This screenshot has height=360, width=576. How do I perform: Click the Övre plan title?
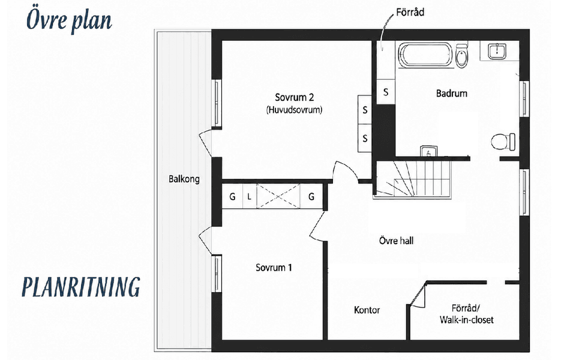coord(69,20)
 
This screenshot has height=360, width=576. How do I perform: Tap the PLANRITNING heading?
coord(81,287)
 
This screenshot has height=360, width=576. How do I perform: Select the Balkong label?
coord(184,179)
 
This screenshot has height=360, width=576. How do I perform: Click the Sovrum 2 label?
coord(294,97)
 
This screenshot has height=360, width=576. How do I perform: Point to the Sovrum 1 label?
coord(274,268)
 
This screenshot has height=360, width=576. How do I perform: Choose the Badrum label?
coord(451,94)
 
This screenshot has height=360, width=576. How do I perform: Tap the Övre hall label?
coord(396,241)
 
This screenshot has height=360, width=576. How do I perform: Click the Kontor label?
coord(367,310)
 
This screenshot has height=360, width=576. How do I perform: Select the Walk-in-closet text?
coord(467,320)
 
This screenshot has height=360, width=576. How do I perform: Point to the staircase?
coord(413,179)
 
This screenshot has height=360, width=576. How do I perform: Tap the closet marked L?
coord(250,197)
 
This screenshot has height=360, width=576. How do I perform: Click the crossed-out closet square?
coord(278,197)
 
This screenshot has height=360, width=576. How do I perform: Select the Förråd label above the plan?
coord(410,12)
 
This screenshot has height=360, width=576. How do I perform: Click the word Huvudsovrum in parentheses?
coord(294,109)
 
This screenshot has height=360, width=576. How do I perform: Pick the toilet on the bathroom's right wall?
coord(503,142)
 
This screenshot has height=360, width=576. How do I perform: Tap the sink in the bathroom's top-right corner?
coord(497,51)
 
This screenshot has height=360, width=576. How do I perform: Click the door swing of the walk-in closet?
coord(418,294)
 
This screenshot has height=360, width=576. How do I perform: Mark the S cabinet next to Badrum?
coord(386,91)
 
